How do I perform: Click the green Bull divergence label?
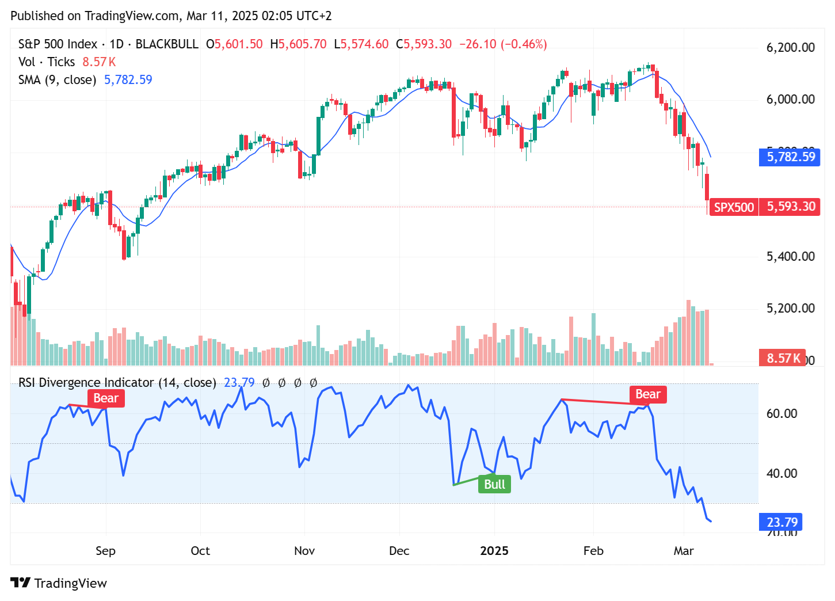(494, 484)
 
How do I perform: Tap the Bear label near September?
(106, 398)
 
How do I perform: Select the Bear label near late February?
(647, 394)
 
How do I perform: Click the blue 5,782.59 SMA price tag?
(791, 157)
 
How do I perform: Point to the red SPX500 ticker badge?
(734, 207)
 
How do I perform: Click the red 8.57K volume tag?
(783, 358)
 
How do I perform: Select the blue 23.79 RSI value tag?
(781, 522)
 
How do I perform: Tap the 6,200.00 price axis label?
(790, 47)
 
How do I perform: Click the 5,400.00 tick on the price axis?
(790, 256)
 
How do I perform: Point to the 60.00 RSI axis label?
(781, 413)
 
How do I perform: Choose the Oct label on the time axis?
(200, 551)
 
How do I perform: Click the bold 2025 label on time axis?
(494, 551)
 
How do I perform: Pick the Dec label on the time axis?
(399, 551)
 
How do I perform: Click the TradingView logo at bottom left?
(59, 583)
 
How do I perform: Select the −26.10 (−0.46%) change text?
(502, 44)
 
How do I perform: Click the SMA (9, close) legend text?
(57, 79)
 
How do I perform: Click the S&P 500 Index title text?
(58, 44)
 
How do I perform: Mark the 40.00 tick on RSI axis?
(781, 473)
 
